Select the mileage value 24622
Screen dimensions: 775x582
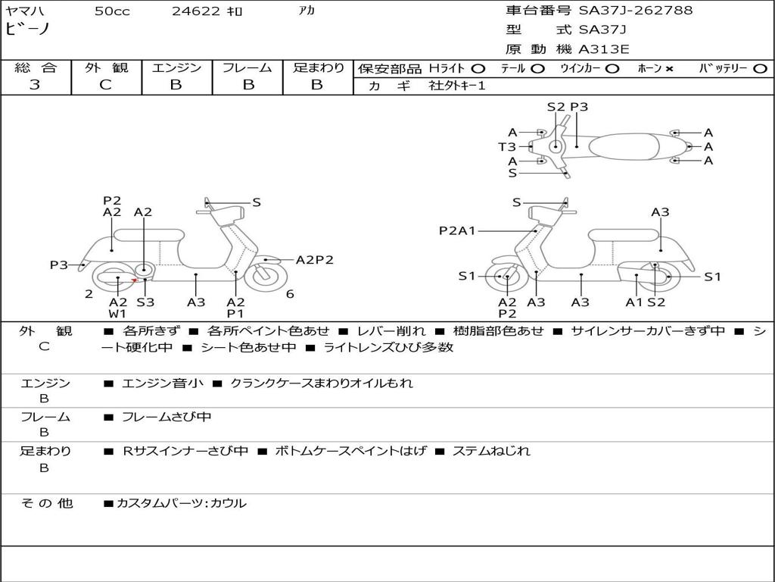[195, 11]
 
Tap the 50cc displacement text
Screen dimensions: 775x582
[112, 11]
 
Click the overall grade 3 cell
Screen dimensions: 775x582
[35, 85]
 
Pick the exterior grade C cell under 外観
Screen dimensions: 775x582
[105, 85]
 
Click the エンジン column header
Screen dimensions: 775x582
[176, 68]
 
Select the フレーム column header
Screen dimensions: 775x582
[247, 68]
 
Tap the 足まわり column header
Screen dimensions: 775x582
[318, 68]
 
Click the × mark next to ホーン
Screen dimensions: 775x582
[669, 69]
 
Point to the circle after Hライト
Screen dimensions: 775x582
[478, 69]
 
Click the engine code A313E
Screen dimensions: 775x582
[603, 50]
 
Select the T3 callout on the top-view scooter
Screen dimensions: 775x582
[506, 147]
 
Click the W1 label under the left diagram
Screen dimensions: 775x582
[117, 314]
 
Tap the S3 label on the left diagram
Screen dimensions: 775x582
[145, 302]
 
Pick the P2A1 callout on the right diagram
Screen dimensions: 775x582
[457, 231]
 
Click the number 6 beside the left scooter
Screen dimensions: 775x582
[290, 294]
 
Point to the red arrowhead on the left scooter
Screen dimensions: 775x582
[134, 281]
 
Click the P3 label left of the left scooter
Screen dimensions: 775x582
[59, 265]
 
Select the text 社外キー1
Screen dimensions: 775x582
[457, 86]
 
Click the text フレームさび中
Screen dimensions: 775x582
[167, 417]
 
